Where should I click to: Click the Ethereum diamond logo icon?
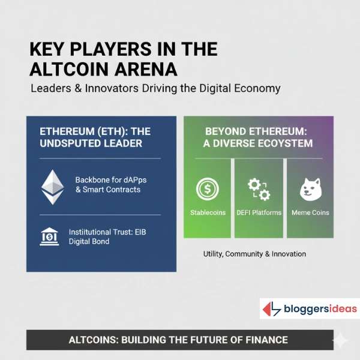click(x=52, y=186)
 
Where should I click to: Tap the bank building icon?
click(x=49, y=236)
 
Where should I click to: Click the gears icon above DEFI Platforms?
click(x=259, y=189)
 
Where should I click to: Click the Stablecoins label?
click(x=207, y=213)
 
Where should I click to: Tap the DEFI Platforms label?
click(x=259, y=213)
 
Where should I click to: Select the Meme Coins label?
click(x=310, y=213)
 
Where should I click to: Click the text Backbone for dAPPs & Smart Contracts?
click(x=108, y=185)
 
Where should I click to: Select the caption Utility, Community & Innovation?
click(x=255, y=254)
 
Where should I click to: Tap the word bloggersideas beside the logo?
click(x=320, y=310)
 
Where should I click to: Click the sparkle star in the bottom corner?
click(x=340, y=340)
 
